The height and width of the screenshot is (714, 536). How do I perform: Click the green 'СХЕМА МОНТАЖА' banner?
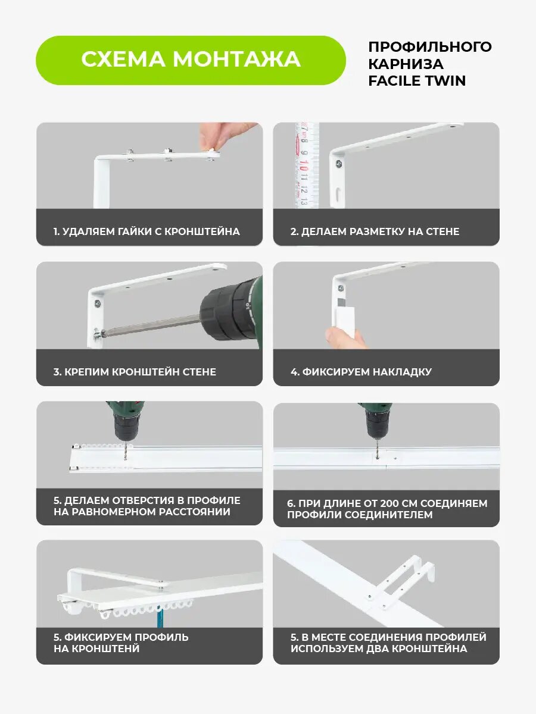click(x=191, y=60)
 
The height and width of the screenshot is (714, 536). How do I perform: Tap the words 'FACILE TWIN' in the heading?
click(x=417, y=81)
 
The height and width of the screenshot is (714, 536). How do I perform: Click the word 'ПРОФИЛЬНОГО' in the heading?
click(x=430, y=47)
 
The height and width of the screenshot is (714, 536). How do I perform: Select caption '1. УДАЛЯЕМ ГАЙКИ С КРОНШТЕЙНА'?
click(x=147, y=231)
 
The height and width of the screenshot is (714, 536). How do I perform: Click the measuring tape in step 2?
click(x=307, y=165)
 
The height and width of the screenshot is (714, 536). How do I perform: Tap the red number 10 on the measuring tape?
click(x=304, y=165)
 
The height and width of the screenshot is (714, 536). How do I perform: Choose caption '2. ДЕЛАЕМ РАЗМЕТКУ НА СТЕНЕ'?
click(x=375, y=231)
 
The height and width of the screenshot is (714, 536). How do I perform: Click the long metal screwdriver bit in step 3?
click(x=152, y=325)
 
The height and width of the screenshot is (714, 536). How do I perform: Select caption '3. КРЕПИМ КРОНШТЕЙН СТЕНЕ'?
click(x=135, y=371)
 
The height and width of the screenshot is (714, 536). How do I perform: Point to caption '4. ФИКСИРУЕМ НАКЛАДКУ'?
click(x=362, y=371)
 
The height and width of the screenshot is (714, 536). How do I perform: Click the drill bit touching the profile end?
click(x=126, y=450)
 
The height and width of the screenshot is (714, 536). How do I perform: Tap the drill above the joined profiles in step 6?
click(x=376, y=421)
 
